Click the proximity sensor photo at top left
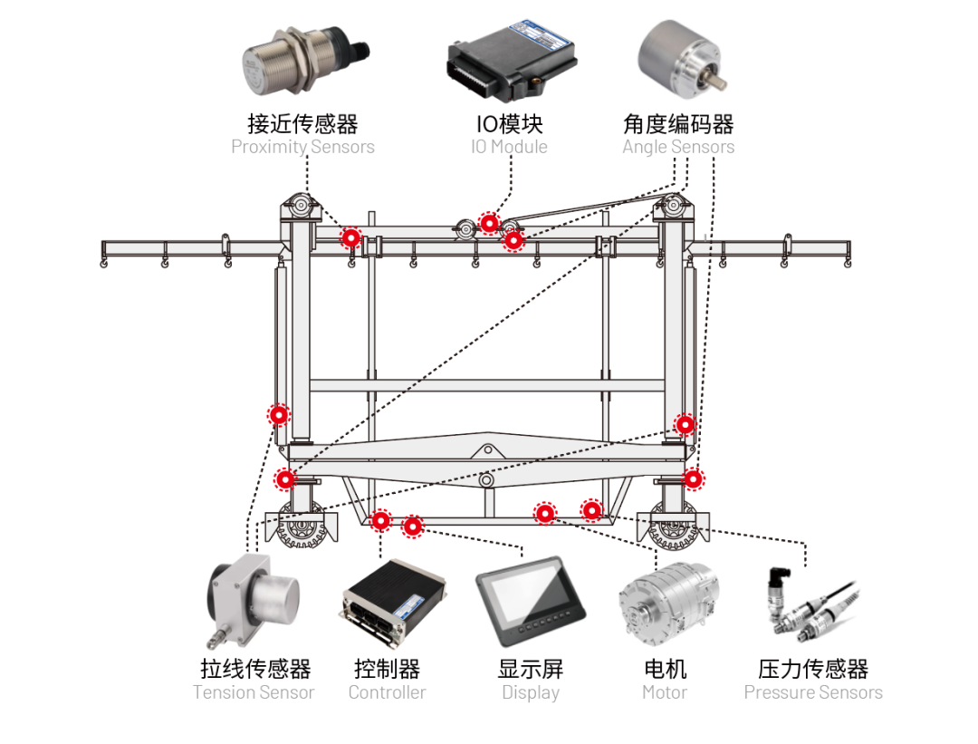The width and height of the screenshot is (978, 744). tap(302, 66)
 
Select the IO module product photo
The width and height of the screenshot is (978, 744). tap(511, 63)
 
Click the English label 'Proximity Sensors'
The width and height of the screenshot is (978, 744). tap(302, 147)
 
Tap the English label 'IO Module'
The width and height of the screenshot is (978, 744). tap(509, 147)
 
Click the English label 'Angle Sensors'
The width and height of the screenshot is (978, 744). tap(678, 147)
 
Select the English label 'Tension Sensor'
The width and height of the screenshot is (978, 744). tap(254, 692)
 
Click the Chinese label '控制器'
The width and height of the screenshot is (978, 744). tap(387, 669)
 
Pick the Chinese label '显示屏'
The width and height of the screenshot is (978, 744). tap(531, 669)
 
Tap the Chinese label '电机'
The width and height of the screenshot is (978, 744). tap(665, 669)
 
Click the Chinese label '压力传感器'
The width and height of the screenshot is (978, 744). tap(812, 669)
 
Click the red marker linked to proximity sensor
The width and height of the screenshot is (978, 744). tap(350, 237)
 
